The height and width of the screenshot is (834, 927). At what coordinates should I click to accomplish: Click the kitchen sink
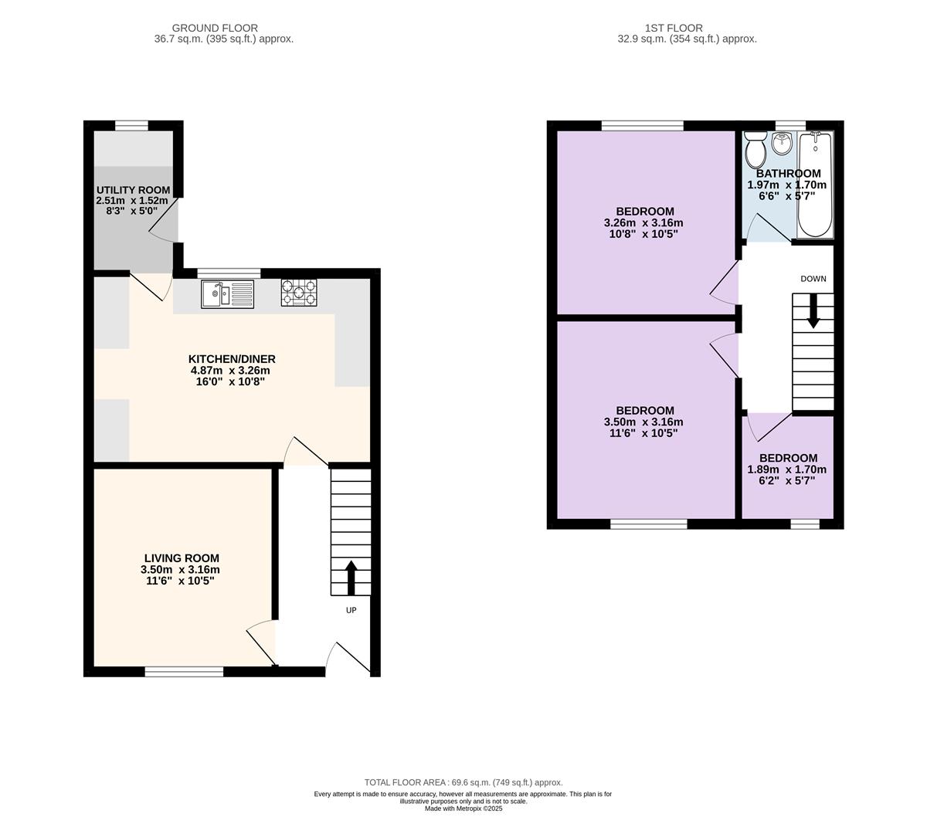pos(227,294)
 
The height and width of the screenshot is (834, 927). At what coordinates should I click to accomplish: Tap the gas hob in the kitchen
pos(299,293)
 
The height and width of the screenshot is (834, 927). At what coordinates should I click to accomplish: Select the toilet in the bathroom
pos(756,150)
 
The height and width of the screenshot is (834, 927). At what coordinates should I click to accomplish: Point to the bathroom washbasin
pos(782,144)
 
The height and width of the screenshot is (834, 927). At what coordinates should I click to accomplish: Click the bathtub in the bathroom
pos(816,185)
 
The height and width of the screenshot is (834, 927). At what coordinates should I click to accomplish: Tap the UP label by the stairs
pos(351,610)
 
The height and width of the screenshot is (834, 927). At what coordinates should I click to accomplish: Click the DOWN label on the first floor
pos(813,279)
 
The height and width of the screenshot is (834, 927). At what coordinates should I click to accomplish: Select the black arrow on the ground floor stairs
pos(351,578)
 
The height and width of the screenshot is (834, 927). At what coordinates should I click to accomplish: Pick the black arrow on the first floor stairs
pos(813,311)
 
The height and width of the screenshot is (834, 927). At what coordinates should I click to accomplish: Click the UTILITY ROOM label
pos(133,190)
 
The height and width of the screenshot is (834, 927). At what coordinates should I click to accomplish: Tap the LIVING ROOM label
pos(182,558)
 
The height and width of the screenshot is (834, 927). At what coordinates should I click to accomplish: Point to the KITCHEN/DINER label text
pos(232,359)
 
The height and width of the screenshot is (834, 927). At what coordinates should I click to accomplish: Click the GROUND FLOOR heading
pos(215,28)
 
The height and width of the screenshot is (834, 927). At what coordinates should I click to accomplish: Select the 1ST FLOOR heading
pos(674,28)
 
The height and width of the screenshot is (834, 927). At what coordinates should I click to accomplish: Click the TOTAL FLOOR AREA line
pos(463,782)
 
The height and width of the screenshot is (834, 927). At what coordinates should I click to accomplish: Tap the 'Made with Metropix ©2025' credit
pos(463,809)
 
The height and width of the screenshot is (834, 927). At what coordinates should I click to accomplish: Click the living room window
pos(184,672)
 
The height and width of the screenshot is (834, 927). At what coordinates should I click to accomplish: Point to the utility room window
pos(131,125)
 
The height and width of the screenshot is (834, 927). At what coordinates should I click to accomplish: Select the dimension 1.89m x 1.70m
pos(787,470)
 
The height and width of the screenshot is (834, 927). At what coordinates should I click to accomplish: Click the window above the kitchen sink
pos(229,273)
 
